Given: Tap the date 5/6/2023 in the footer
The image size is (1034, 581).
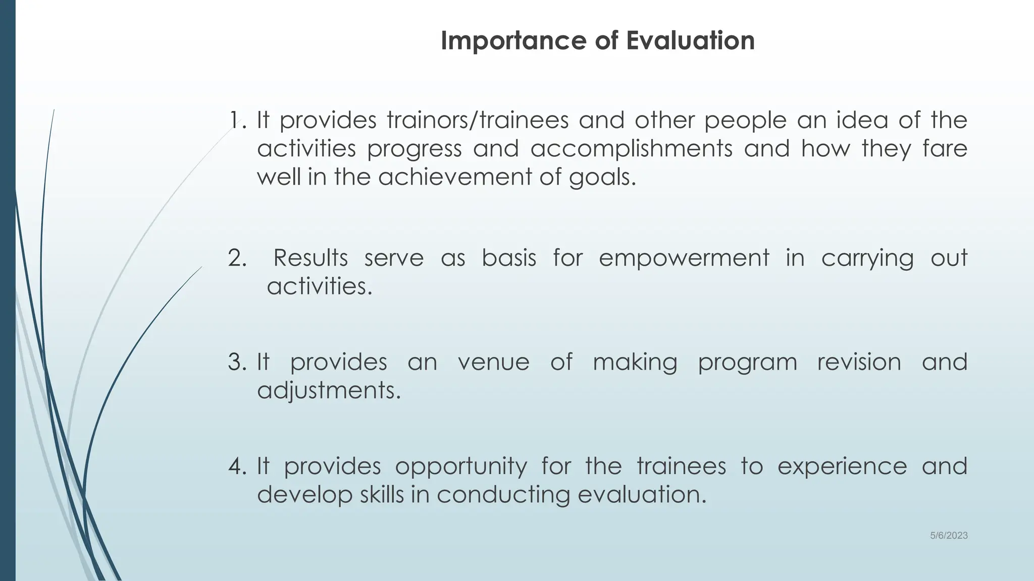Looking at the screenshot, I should (x=949, y=536).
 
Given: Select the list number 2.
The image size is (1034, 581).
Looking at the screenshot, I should (x=237, y=258).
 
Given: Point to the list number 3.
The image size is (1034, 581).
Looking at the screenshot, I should (x=237, y=362).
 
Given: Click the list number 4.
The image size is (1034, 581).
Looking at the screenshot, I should (x=237, y=466).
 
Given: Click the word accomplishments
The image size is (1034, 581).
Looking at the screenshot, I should (x=631, y=148).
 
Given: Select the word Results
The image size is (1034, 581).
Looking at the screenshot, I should (x=311, y=258).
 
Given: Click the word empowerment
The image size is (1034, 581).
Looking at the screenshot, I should (x=684, y=258).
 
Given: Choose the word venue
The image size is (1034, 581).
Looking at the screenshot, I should (x=493, y=362).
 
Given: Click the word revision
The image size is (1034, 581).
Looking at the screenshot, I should (x=859, y=362).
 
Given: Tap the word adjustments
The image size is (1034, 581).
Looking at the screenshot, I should (x=329, y=391).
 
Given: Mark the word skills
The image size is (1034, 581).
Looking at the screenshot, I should (x=382, y=495).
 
